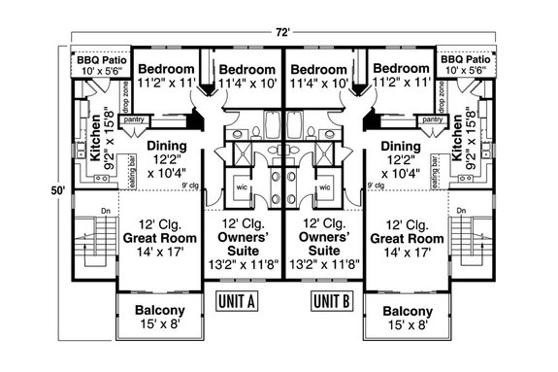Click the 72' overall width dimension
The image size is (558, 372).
(281, 32)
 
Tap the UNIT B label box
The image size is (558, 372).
(330, 300)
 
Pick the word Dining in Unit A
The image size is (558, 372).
(167, 146)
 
